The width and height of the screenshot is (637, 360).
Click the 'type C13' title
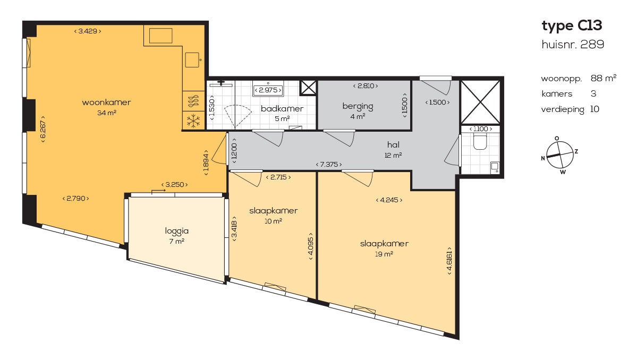[x=572, y=26]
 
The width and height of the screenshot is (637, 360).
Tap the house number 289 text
[x=573, y=44]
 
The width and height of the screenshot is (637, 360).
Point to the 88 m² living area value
[x=604, y=78]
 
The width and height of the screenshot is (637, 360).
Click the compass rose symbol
[x=560, y=155]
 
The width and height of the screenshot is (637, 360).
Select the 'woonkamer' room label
[x=106, y=102]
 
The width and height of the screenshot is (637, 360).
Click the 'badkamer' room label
[x=282, y=108]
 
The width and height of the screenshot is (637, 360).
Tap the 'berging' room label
[x=358, y=106]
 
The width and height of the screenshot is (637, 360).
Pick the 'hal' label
[x=393, y=144]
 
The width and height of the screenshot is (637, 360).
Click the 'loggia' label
[x=177, y=232]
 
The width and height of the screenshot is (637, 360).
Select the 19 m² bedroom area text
[x=384, y=254]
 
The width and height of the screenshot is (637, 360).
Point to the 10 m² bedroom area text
[x=273, y=221]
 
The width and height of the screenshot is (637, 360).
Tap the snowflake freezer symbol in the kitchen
[x=193, y=121]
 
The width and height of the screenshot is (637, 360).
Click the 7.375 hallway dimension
[x=329, y=165]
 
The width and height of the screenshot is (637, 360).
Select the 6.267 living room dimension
[x=43, y=129]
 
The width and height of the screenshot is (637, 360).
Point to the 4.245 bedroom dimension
[x=389, y=200]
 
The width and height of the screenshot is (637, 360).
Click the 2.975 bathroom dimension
[x=268, y=90]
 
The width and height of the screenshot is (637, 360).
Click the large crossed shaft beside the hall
[x=481, y=101]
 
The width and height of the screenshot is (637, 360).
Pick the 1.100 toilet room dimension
[x=481, y=128]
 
